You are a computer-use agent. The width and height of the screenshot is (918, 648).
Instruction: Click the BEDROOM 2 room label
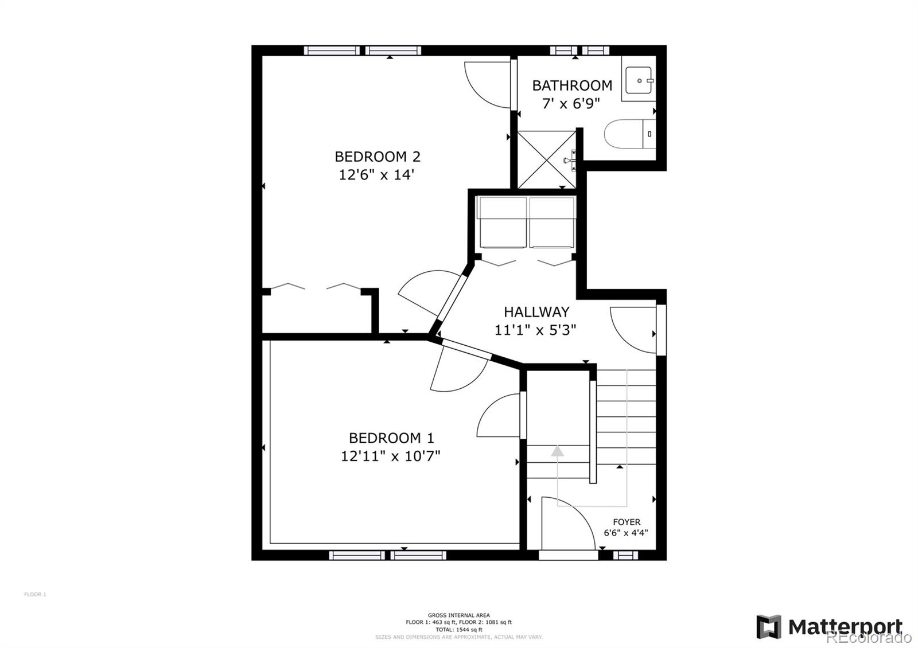[x=377, y=157]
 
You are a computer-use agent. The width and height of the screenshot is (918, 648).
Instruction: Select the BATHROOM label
[x=571, y=85]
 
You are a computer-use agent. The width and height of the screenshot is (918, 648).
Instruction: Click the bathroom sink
[x=638, y=80]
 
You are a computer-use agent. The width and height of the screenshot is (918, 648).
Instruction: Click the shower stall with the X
[x=546, y=159]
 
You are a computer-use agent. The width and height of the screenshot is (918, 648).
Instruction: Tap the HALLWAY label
[x=536, y=312]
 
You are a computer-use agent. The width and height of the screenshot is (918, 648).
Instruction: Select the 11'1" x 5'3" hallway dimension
[x=535, y=330]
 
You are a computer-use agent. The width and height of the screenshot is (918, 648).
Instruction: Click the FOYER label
[x=626, y=522]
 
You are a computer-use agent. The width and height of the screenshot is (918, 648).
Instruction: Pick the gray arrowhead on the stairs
[x=557, y=451]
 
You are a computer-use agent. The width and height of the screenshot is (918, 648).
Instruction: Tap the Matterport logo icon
[x=768, y=626]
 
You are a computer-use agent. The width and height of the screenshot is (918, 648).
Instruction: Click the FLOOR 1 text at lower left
[x=35, y=594]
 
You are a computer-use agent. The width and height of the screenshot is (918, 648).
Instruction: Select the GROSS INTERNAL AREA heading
[x=458, y=615]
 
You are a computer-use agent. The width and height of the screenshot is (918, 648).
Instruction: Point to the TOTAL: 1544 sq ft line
[x=458, y=630]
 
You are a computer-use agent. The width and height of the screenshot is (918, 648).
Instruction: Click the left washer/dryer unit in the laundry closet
[x=501, y=222]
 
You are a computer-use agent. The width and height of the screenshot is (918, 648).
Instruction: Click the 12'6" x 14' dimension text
[x=376, y=175]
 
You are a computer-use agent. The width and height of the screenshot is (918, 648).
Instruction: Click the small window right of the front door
[x=625, y=555]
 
